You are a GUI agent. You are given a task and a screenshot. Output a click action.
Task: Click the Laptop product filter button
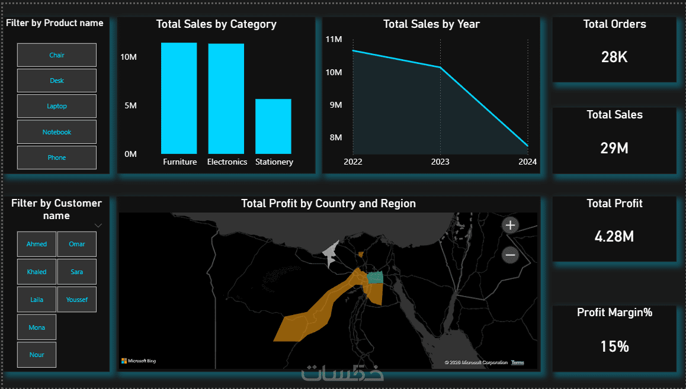[x=57, y=107]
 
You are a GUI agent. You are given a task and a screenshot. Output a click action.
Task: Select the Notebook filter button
[x=57, y=132]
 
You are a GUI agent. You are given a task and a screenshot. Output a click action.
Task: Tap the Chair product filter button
[x=57, y=55]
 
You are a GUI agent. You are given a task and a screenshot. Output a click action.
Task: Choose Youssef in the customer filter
[x=77, y=300]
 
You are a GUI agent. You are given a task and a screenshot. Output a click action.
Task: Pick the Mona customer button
[x=37, y=327]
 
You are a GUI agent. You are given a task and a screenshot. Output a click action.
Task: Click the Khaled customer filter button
[x=37, y=272]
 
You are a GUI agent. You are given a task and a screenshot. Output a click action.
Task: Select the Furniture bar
[x=179, y=98]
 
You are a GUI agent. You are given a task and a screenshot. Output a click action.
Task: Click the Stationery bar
[x=273, y=126]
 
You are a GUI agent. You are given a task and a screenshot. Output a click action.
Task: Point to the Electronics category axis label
[x=227, y=162]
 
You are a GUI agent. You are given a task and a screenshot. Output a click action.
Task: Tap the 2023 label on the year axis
[x=440, y=162]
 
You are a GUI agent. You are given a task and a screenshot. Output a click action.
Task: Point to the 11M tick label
[x=334, y=39]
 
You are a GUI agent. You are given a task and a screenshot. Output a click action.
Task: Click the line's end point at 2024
[x=527, y=146]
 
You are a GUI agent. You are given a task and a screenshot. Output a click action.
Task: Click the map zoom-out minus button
[x=510, y=255]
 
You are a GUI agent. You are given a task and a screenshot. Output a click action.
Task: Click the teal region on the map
[x=375, y=278]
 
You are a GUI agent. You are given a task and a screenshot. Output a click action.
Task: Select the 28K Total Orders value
[x=614, y=57]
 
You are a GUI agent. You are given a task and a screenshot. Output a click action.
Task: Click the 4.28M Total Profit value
[x=614, y=237]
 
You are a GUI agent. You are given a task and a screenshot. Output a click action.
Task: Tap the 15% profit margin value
[x=614, y=346]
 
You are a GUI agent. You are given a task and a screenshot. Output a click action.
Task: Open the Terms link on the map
[x=518, y=362]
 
